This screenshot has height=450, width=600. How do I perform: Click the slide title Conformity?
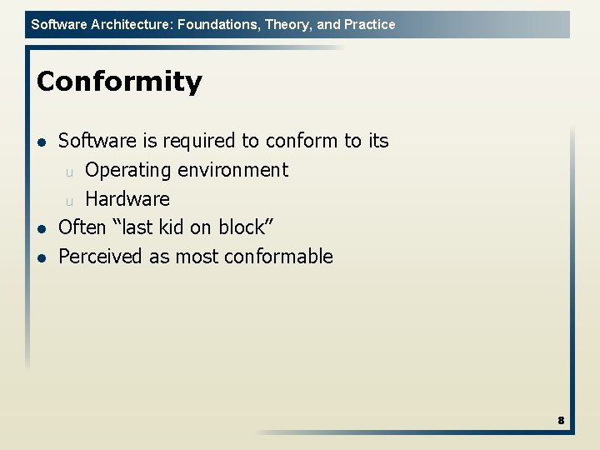119,82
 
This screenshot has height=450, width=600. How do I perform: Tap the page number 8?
561,421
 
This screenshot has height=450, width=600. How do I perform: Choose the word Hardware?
127,199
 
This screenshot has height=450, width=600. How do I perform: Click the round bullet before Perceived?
42,257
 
